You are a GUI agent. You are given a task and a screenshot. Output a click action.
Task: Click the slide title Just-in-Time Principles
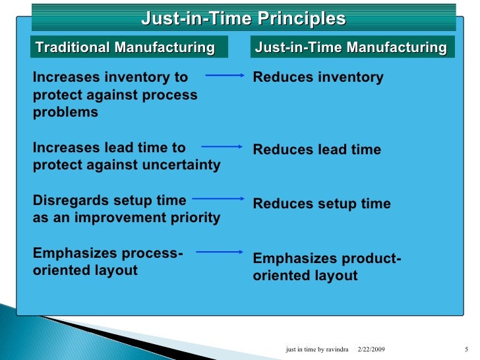click(x=243, y=18)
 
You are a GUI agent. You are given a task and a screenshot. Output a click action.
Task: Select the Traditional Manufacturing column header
click(x=125, y=47)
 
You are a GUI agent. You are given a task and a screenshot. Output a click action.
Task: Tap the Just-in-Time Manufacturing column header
click(x=350, y=47)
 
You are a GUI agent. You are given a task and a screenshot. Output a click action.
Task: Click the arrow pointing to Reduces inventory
click(x=225, y=76)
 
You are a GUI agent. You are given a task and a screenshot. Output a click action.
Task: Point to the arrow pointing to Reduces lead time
click(x=223, y=147)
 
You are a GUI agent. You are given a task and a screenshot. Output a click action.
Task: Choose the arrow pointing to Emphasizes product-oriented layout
click(x=220, y=251)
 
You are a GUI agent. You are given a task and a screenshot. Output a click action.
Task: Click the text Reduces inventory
click(x=318, y=78)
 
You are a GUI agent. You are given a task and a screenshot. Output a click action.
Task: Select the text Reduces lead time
click(x=316, y=150)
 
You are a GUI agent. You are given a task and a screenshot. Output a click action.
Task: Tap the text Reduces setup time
click(x=322, y=204)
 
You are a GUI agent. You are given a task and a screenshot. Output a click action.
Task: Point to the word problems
click(x=65, y=112)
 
